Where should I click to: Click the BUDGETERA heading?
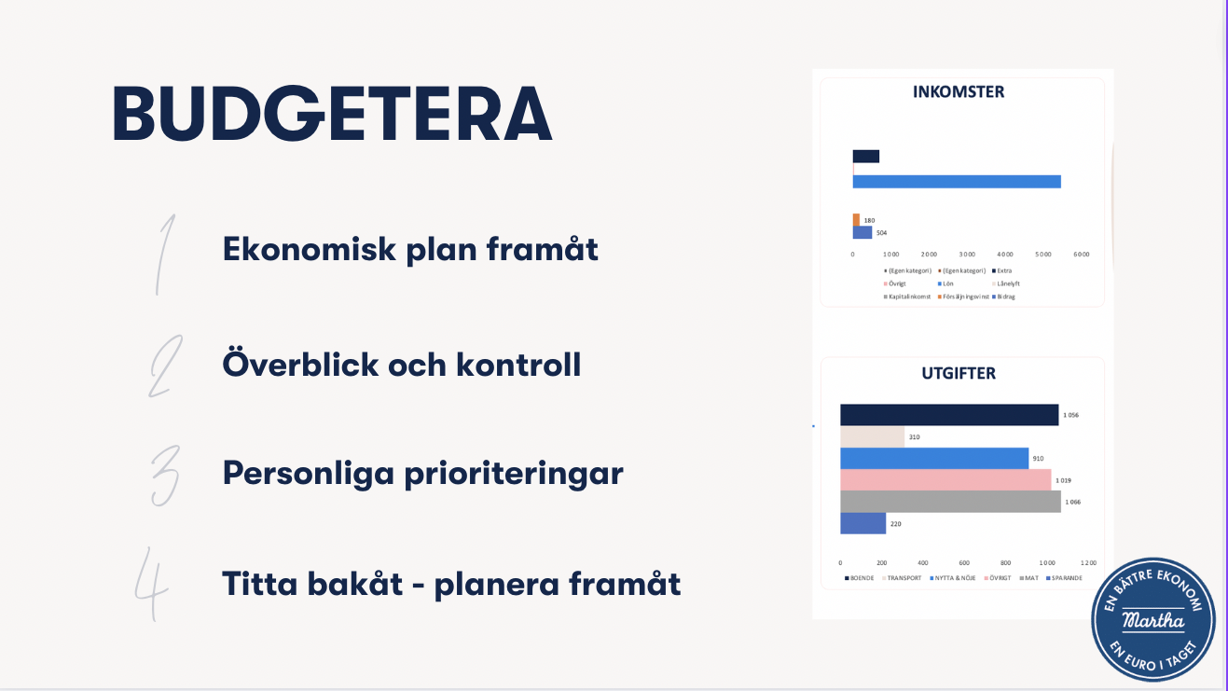[x=332, y=115]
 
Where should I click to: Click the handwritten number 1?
[x=165, y=254]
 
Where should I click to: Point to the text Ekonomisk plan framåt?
[x=410, y=250]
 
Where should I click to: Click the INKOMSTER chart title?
[x=958, y=92]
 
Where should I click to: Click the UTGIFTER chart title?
[x=958, y=373]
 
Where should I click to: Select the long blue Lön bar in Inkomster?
[x=957, y=181]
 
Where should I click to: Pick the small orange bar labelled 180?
[x=856, y=220]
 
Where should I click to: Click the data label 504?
[x=881, y=232]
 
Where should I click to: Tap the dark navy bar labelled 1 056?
[x=948, y=415]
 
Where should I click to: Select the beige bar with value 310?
[x=872, y=436]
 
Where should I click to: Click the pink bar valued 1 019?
[x=945, y=480]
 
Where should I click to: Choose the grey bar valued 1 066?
[x=949, y=502]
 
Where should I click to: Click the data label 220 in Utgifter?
[x=895, y=524]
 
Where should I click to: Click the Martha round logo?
[x=1153, y=619]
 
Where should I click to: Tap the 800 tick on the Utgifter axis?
[x=1005, y=563]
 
